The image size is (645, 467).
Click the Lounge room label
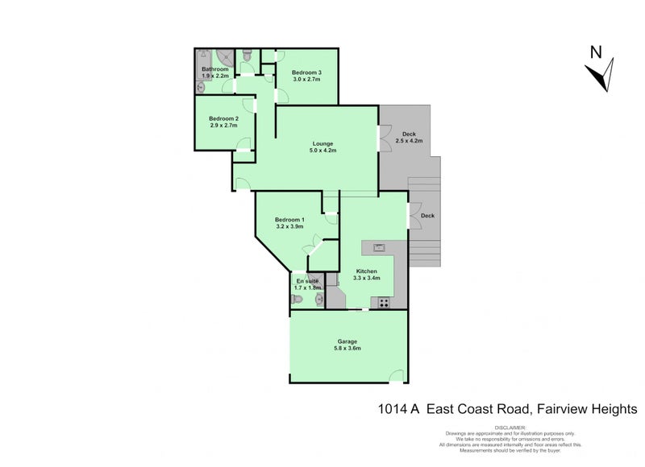(323, 144)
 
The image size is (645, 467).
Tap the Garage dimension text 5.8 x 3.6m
(347, 349)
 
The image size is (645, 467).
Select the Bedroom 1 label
(289, 220)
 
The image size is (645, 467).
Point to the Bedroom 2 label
(224, 118)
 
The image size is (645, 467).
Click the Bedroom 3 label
(306, 73)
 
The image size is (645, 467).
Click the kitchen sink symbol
(378, 247)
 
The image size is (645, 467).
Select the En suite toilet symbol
(298, 300)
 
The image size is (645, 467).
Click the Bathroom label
(215, 69)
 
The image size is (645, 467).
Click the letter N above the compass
(595, 53)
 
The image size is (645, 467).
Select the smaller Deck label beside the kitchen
(427, 216)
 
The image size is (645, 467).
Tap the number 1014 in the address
(393, 409)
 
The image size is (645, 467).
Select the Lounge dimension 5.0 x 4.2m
(323, 151)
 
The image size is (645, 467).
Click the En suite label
(307, 281)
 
